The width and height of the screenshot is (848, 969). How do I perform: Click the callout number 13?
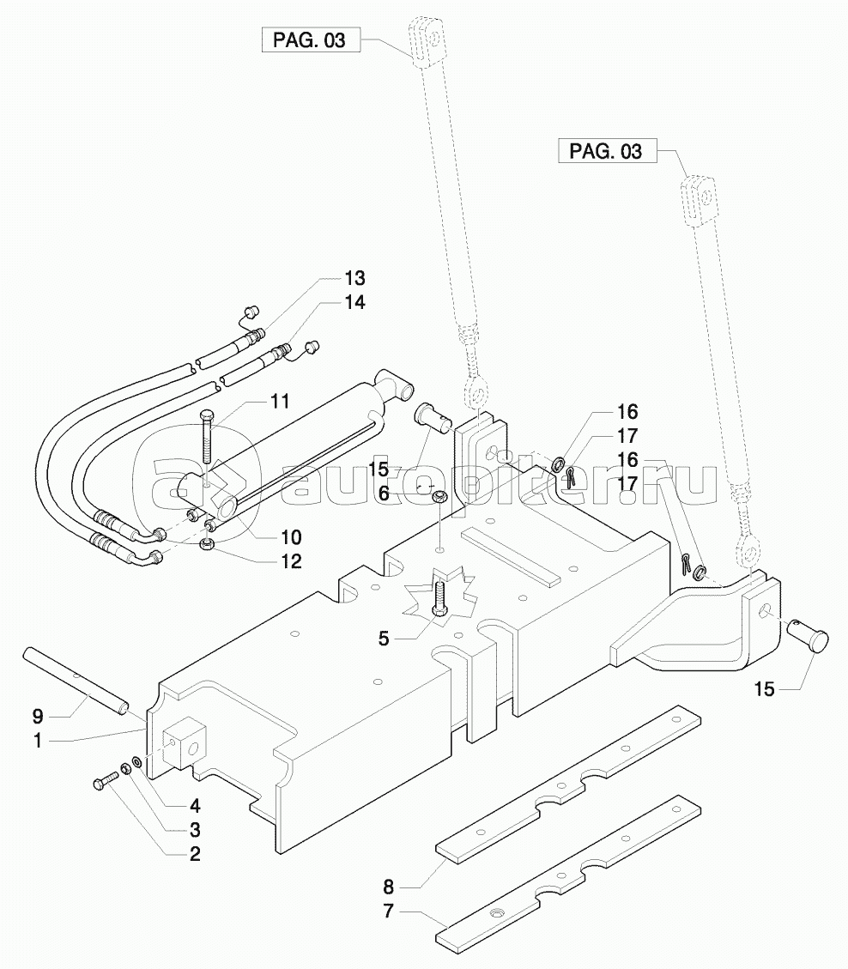pos(354,278)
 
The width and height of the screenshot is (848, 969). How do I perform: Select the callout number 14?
pos(354,302)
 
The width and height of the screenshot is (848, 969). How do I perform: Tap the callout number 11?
pos(280,401)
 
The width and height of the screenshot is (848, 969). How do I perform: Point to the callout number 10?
pos(290,537)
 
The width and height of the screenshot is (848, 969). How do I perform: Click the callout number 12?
pos(290,561)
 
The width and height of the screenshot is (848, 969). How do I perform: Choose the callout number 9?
pos(38,717)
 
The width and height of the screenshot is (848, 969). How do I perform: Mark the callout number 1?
pos(38,741)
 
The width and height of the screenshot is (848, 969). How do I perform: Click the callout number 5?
pos(384,639)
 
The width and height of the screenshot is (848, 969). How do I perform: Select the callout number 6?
pos(384,494)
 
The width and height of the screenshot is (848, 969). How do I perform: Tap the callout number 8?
pos(388,887)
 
